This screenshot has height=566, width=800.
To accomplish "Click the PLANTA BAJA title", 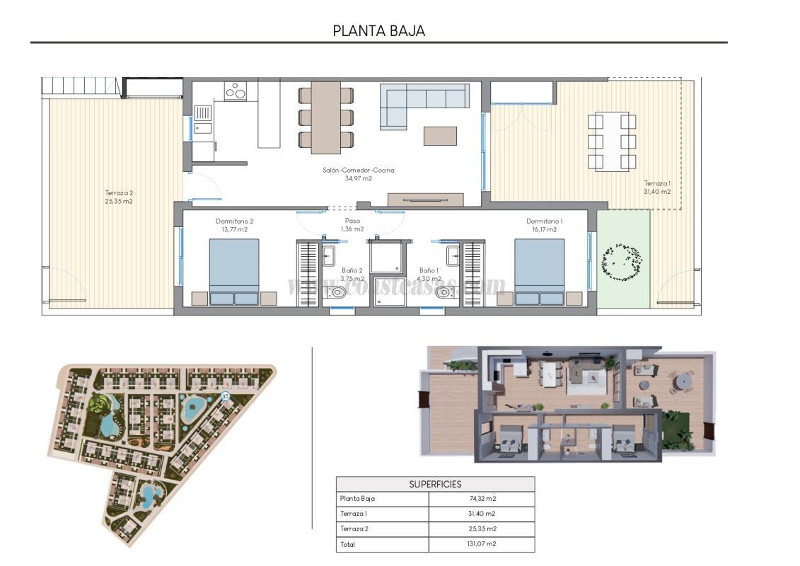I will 378,31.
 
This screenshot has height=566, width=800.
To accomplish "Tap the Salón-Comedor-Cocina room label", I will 358,174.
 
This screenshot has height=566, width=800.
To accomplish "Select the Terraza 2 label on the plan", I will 119,197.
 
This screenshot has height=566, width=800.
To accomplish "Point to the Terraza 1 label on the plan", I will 656,187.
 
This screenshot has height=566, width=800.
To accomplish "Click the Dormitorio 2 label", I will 234,225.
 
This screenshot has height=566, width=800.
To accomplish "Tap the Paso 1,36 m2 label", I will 352,225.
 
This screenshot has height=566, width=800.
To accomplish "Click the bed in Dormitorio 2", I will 234,272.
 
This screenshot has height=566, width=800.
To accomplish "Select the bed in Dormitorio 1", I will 539,272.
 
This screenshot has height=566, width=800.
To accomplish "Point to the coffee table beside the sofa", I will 440,135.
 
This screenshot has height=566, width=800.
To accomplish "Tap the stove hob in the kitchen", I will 235,91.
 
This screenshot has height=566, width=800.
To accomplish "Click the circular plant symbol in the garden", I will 622,264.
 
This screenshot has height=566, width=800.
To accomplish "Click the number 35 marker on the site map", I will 226,397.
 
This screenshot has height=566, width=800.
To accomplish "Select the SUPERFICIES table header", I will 435,485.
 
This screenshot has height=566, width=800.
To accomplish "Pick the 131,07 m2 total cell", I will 481,544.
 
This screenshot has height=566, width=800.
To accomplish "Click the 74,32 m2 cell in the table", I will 481,499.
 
